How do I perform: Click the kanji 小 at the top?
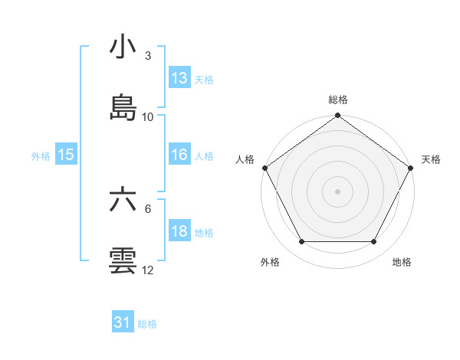[x=123, y=47]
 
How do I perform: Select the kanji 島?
[x=123, y=107]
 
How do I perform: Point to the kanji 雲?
[x=123, y=260]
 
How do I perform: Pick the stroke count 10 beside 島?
[x=148, y=116]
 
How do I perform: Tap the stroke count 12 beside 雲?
[x=148, y=270]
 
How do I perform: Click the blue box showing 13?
[x=179, y=78]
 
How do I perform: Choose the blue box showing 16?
[x=179, y=155]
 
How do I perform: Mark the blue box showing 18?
[x=179, y=231]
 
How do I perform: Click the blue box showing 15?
[x=66, y=155]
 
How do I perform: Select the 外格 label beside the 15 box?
[x=41, y=155]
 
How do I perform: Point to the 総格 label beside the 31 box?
[x=147, y=324]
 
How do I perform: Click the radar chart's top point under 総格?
[x=337, y=116]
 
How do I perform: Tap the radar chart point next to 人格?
[x=264, y=168]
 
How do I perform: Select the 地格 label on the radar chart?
[x=402, y=263]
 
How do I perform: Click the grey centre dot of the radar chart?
[x=337, y=191]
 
